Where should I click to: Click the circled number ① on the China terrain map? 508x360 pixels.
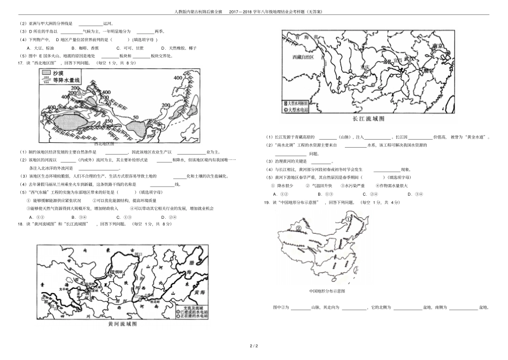click(x=348, y=218)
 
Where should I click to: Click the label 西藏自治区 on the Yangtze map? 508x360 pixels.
click(x=303, y=57)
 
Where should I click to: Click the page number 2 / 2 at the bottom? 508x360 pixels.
click(x=254, y=347)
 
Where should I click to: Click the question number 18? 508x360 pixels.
click(x=21, y=224)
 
